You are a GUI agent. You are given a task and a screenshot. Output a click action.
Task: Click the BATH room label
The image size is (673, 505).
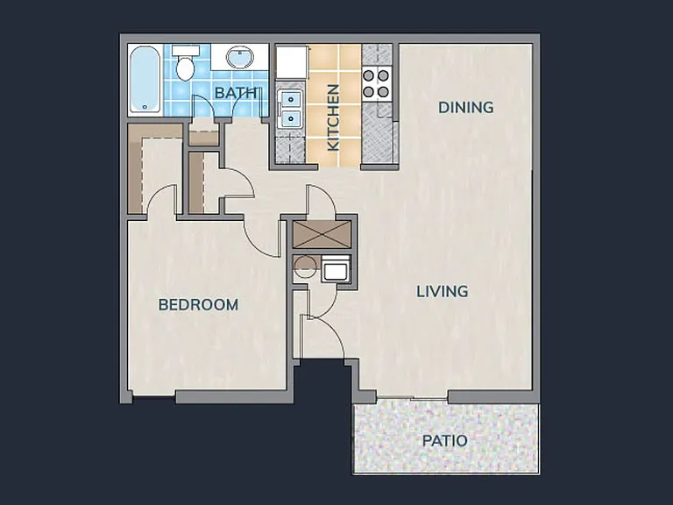point(236,93)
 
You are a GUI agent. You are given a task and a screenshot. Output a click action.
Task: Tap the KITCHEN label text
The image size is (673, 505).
point(334,117)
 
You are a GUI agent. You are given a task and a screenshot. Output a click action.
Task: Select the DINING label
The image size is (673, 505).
point(465,107)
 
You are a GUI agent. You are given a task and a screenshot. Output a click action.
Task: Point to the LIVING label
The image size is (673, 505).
point(442,292)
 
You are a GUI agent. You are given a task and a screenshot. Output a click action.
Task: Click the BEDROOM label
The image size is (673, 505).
point(198,305)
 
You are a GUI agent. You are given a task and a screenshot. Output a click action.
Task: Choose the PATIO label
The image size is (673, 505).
point(444,441)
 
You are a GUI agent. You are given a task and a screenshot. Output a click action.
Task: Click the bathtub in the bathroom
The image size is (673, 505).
point(145,80)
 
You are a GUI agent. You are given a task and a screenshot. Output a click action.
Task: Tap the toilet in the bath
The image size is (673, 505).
point(186,63)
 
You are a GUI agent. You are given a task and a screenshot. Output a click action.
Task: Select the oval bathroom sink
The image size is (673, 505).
point(240,58)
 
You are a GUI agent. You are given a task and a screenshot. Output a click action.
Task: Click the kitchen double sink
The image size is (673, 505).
point(289,109)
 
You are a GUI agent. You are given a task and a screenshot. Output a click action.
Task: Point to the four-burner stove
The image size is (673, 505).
point(377,84)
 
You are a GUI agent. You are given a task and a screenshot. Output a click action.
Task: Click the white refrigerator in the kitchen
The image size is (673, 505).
point(291,63)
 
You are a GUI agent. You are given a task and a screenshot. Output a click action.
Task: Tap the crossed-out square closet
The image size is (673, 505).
point(322,234)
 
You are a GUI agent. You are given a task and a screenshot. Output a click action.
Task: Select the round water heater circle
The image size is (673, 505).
point(306,268)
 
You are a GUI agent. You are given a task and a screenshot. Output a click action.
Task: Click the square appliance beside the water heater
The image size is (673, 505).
point(336,268)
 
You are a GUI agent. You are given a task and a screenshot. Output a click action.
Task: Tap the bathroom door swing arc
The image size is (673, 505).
point(205,102)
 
